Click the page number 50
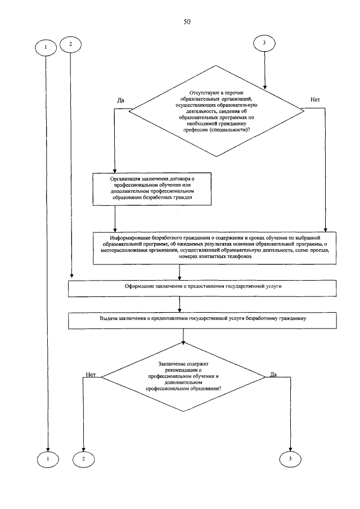(187, 22)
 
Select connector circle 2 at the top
(70, 44)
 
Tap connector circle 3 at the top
(264, 44)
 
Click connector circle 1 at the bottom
(48, 459)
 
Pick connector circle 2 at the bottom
(83, 459)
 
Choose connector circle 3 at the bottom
(290, 459)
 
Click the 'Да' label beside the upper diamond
(120, 100)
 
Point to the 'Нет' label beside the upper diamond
(315, 100)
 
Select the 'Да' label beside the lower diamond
(273, 374)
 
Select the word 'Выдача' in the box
(109, 318)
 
